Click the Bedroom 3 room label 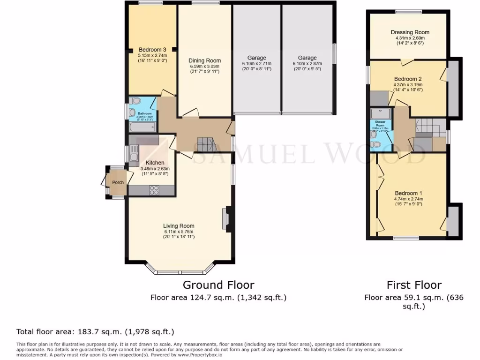tap(152, 50)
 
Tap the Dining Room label tap(204, 60)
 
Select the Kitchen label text tap(155, 163)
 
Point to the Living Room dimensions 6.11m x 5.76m tap(179, 232)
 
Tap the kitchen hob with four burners tap(154, 190)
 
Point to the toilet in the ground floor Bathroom tap(136, 101)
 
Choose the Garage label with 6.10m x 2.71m tap(256, 58)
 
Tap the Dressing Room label tap(410, 32)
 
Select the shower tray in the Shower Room tap(377, 114)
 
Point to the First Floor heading tap(414, 285)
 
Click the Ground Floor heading tap(218, 285)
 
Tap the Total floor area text tap(95, 332)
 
